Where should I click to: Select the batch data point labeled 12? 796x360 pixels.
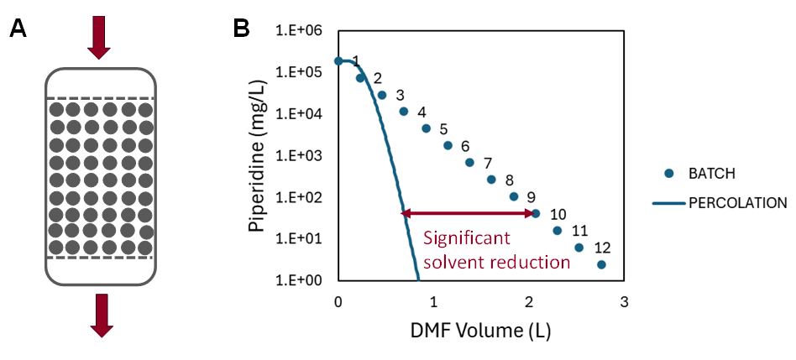(601, 264)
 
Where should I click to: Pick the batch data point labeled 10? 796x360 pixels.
(536, 213)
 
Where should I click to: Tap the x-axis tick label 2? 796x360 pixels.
(528, 300)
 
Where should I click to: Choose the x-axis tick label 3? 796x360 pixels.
(623, 300)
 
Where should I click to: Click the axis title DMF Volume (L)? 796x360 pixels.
(479, 331)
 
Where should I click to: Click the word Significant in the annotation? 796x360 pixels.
(466, 237)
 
